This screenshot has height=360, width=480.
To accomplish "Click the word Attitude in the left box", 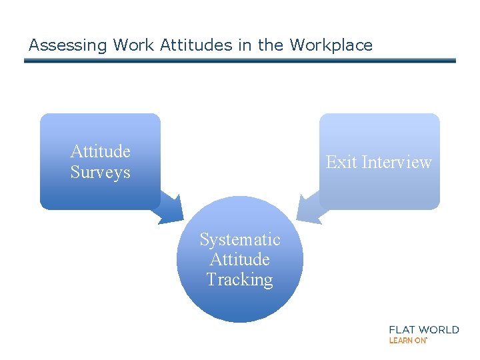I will (100, 151).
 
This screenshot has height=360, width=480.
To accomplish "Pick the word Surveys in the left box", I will (100, 172).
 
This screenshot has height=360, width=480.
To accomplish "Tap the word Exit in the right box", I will (341, 162).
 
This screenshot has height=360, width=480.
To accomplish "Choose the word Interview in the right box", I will (396, 162).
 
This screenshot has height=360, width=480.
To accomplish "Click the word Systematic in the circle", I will (240, 239).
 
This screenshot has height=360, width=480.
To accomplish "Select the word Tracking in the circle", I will (240, 279).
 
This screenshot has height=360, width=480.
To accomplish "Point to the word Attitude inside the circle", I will (240, 259).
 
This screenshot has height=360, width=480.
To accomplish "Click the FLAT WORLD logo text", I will (424, 329).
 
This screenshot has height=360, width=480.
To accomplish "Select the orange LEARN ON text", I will (407, 341).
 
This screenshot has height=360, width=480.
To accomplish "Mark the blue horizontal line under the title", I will (240, 61).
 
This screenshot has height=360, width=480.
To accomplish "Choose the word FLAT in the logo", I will (403, 329).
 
